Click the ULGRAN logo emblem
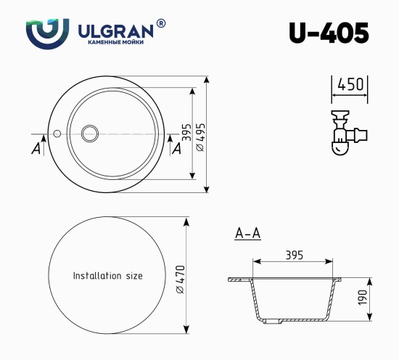[x=47, y=33]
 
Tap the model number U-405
[x=328, y=33]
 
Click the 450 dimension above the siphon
[x=349, y=84]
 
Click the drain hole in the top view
[x=91, y=133]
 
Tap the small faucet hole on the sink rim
[x=57, y=134]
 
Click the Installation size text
[x=108, y=276]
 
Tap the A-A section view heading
[x=248, y=234]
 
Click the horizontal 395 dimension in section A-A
[x=293, y=255]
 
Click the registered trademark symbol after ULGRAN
[x=160, y=23]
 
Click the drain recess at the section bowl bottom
[x=293, y=320]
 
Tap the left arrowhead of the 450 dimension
[x=334, y=94]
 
